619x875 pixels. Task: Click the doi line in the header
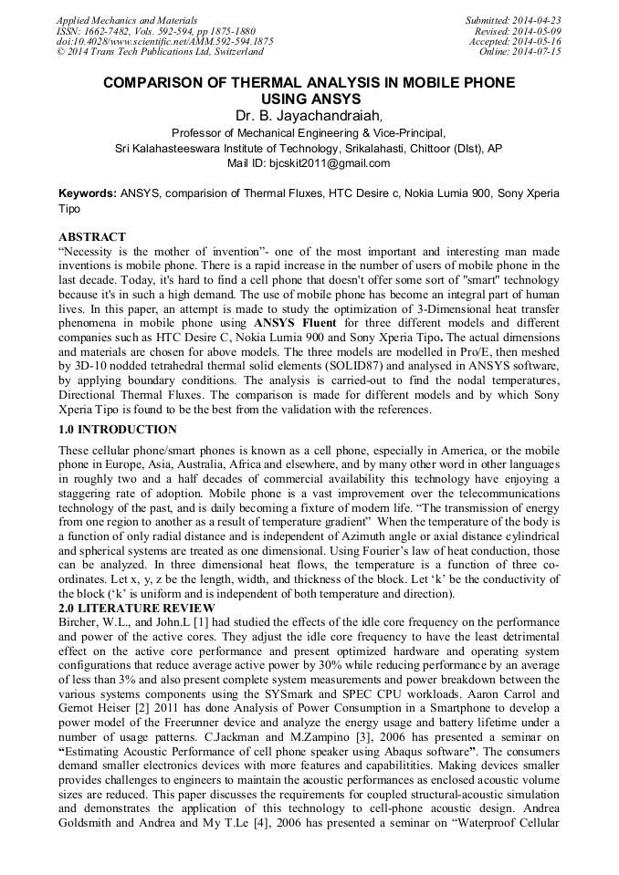coord(164,41)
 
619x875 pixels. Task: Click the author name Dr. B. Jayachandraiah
coord(309,116)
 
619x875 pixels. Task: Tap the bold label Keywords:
coord(88,193)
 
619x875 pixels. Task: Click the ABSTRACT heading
coord(92,237)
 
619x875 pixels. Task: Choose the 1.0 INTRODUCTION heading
coord(118,429)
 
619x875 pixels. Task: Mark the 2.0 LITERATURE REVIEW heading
coord(136,609)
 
